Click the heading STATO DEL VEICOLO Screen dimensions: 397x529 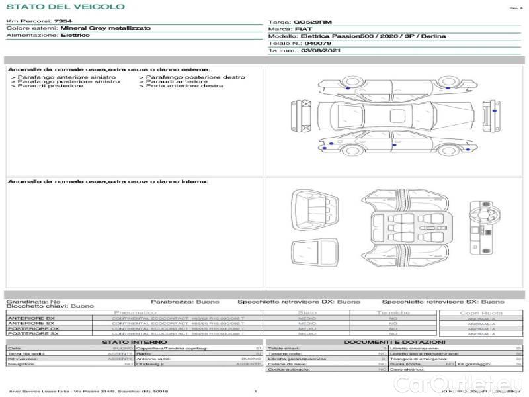[65, 7]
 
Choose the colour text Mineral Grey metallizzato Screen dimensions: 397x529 [105, 28]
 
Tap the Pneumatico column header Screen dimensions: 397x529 [135, 312]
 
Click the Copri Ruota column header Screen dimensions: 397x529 [481, 312]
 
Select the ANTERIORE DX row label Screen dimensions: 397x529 [33, 318]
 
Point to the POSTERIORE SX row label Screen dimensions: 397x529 [33, 333]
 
